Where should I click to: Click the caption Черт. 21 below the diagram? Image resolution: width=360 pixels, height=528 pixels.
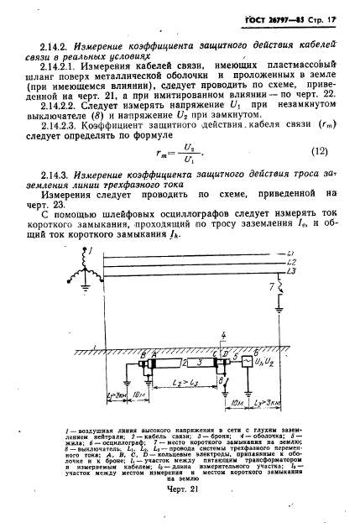[x=180, y=512]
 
